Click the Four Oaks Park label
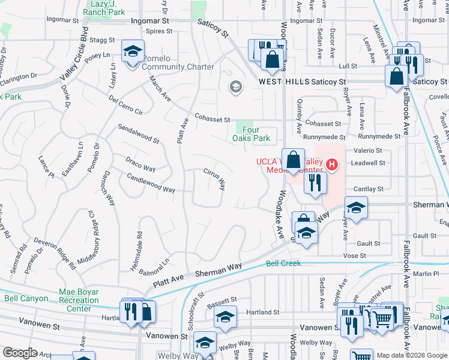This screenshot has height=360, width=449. coord(252,133)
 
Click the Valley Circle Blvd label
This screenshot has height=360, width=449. coord(74,55)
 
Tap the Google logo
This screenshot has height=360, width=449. coord(20,353)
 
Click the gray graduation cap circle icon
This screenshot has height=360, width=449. coord(236,88)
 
